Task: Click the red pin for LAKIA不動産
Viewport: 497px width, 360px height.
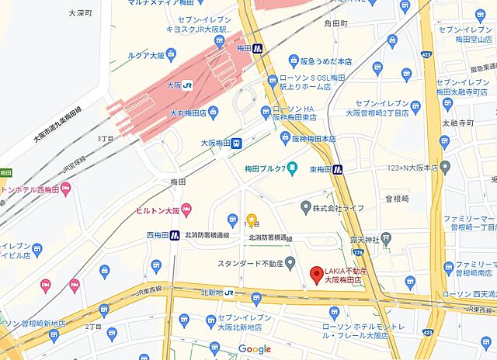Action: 316,275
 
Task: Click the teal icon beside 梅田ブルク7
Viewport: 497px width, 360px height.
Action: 291,168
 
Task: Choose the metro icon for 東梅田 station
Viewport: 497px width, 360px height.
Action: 338,168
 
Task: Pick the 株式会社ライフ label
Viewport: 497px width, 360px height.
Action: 342,208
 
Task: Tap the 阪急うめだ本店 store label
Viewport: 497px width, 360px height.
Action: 327,61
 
